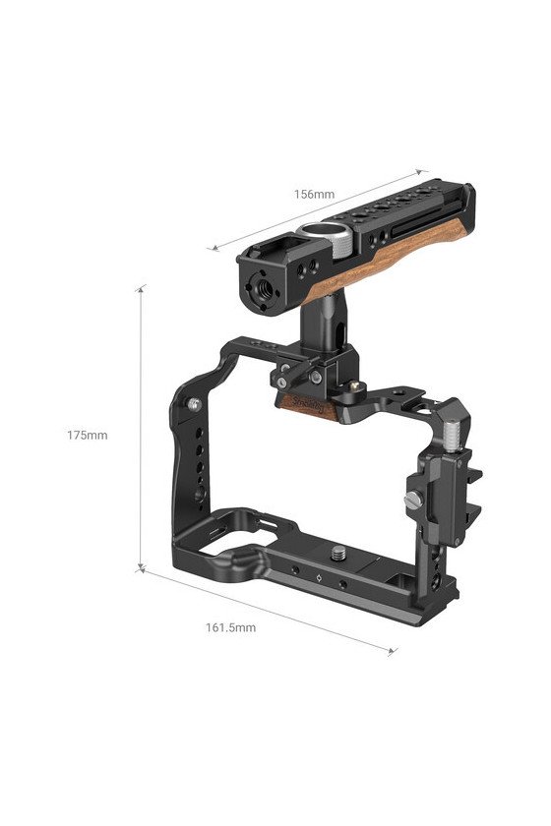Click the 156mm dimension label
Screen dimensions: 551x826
point(314,194)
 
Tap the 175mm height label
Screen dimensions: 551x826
point(87,435)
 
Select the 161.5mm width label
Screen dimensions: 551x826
point(230,627)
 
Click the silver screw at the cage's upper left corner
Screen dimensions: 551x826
point(195,404)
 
